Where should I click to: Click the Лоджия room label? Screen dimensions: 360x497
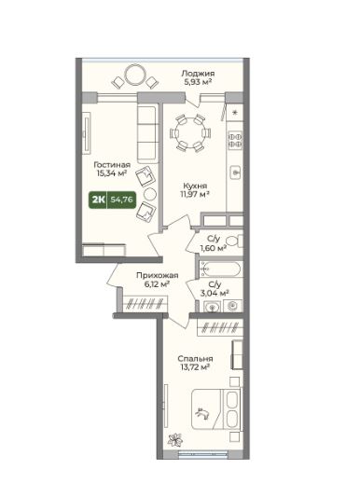click(x=198, y=74)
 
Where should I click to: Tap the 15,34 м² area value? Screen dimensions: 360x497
click(x=112, y=173)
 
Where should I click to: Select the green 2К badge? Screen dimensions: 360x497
click(x=99, y=200)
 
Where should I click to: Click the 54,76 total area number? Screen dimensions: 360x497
click(x=121, y=200)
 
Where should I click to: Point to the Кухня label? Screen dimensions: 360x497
click(x=195, y=186)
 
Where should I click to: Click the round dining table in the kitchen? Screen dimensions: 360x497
click(x=190, y=132)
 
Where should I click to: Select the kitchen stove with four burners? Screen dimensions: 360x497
click(x=235, y=140)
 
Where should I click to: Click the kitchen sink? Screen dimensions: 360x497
click(x=235, y=173)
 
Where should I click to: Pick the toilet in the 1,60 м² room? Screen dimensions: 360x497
click(x=235, y=242)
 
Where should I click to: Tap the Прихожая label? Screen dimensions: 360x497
click(x=158, y=275)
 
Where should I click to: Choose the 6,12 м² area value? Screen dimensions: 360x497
click(x=157, y=284)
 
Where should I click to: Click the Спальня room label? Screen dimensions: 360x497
click(x=195, y=358)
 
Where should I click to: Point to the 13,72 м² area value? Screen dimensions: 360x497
click(x=195, y=367)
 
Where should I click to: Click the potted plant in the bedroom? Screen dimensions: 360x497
click(x=175, y=439)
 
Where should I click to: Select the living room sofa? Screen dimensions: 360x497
click(x=147, y=134)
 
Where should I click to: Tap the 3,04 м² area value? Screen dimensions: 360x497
click(x=215, y=293)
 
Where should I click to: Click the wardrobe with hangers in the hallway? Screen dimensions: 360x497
click(x=145, y=304)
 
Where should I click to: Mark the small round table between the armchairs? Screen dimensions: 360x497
click(x=149, y=193)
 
